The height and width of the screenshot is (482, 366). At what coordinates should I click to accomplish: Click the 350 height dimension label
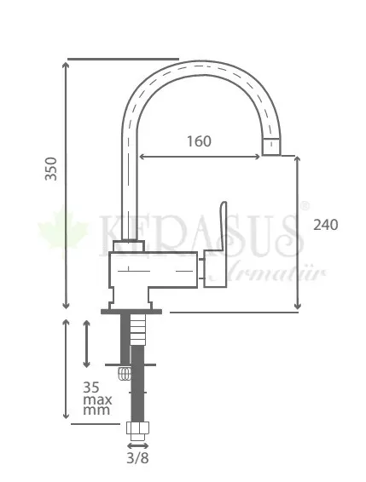(x=51, y=169)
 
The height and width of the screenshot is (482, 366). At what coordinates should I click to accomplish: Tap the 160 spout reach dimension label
(x=199, y=141)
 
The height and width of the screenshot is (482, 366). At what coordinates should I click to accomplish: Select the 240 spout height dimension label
(x=326, y=225)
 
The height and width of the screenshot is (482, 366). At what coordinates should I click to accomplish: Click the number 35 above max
(x=91, y=387)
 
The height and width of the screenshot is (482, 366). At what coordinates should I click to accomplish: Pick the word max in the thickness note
(x=97, y=400)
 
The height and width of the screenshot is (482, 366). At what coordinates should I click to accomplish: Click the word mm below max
(x=96, y=410)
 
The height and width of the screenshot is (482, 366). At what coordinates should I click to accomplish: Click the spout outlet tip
(x=271, y=147)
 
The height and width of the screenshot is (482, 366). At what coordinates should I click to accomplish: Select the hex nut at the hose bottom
(x=137, y=427)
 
